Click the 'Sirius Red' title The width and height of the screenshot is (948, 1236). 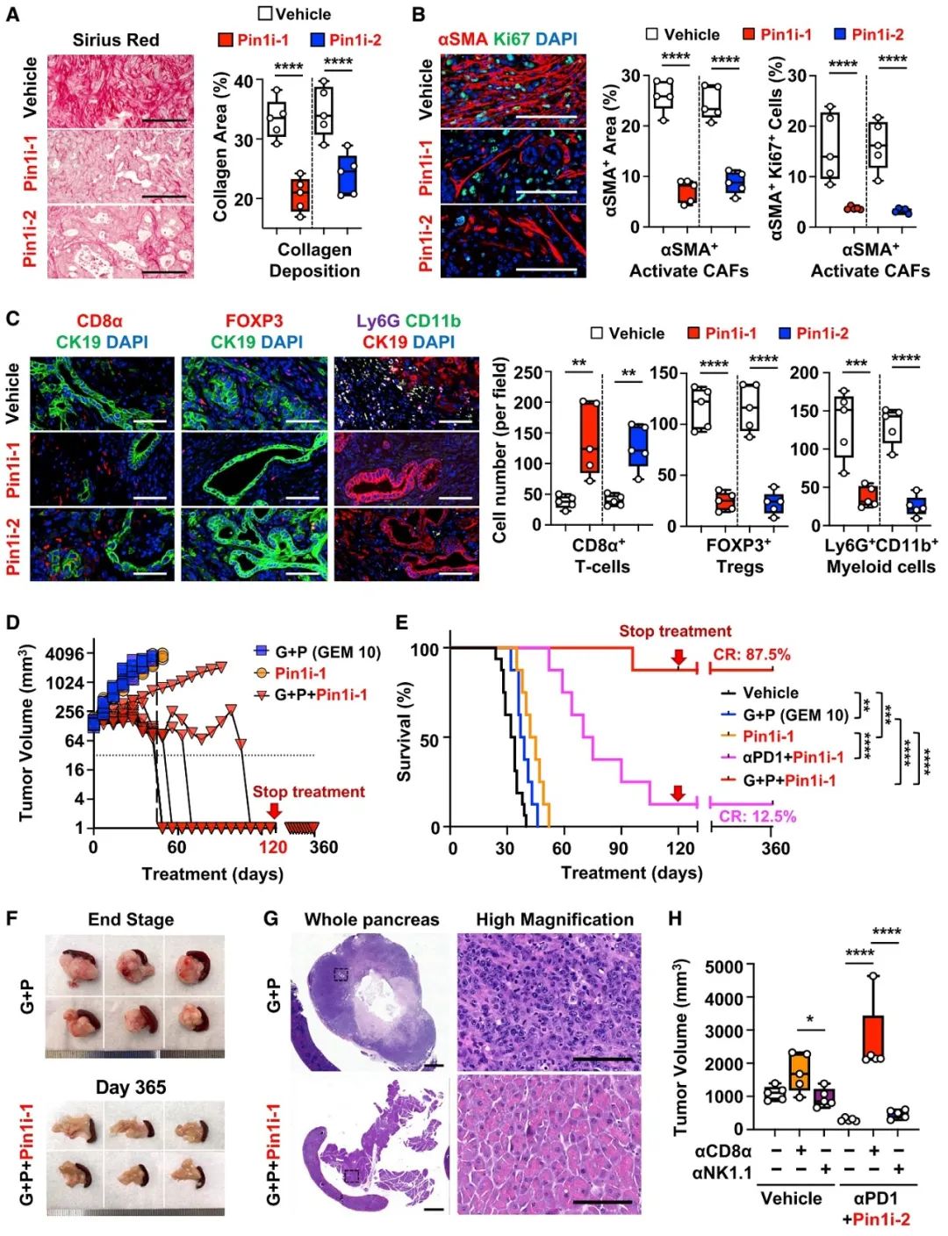pos(116,40)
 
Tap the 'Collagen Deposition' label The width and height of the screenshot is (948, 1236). pos(314,260)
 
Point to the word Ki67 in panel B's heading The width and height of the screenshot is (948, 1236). pos(511,40)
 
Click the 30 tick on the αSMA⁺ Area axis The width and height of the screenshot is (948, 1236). pos(630,75)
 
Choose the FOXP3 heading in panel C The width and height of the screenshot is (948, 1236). pos(254,321)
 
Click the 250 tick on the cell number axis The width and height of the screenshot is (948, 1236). pos(527,372)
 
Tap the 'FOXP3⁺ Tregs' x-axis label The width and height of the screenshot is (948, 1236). pos(739,556)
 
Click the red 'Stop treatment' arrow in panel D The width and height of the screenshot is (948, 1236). pos(274,809)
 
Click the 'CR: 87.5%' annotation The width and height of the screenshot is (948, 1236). pos(750,654)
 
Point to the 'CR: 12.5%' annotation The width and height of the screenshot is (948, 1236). pos(758,816)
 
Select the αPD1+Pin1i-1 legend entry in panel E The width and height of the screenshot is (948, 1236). pos(793,758)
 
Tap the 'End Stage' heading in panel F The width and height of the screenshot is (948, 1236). pos(131,919)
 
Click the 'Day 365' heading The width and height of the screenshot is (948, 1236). pos(131,1088)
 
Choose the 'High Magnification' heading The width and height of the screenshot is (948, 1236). pos(555,919)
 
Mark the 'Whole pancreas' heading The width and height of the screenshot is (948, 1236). pos(371,919)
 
